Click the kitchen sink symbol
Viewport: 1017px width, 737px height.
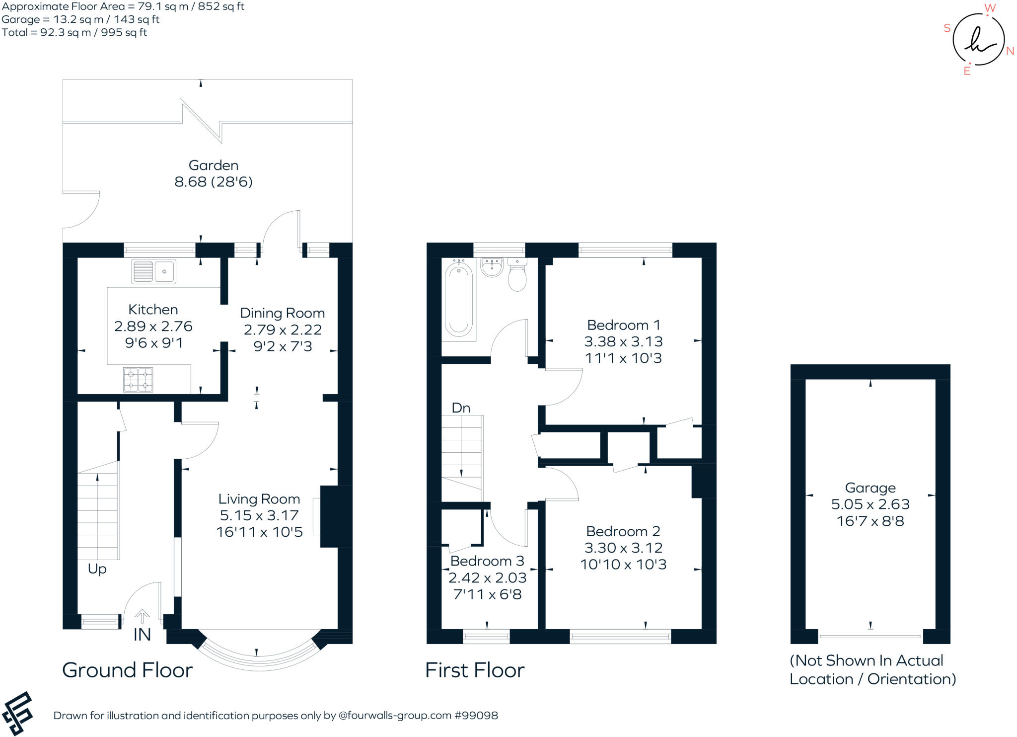tap(153, 272)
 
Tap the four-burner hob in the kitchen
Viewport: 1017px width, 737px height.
tap(138, 380)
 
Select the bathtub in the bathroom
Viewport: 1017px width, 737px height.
tap(458, 300)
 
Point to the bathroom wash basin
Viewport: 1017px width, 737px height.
tap(492, 267)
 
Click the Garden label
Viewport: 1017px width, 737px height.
tap(213, 165)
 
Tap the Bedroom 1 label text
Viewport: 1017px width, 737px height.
tap(623, 325)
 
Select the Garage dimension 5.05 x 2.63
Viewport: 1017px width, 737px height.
tap(870, 504)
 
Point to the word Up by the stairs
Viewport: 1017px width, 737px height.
tap(97, 569)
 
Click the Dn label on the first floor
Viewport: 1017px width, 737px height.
tap(460, 408)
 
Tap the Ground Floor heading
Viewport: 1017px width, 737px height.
tap(127, 670)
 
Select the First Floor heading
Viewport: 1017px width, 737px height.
tap(474, 670)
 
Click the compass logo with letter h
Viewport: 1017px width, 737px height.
tap(978, 40)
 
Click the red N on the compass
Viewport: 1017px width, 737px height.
tap(1010, 51)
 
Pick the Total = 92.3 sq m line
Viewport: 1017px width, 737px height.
tap(74, 33)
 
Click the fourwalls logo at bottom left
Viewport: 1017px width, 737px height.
tap(17, 713)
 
